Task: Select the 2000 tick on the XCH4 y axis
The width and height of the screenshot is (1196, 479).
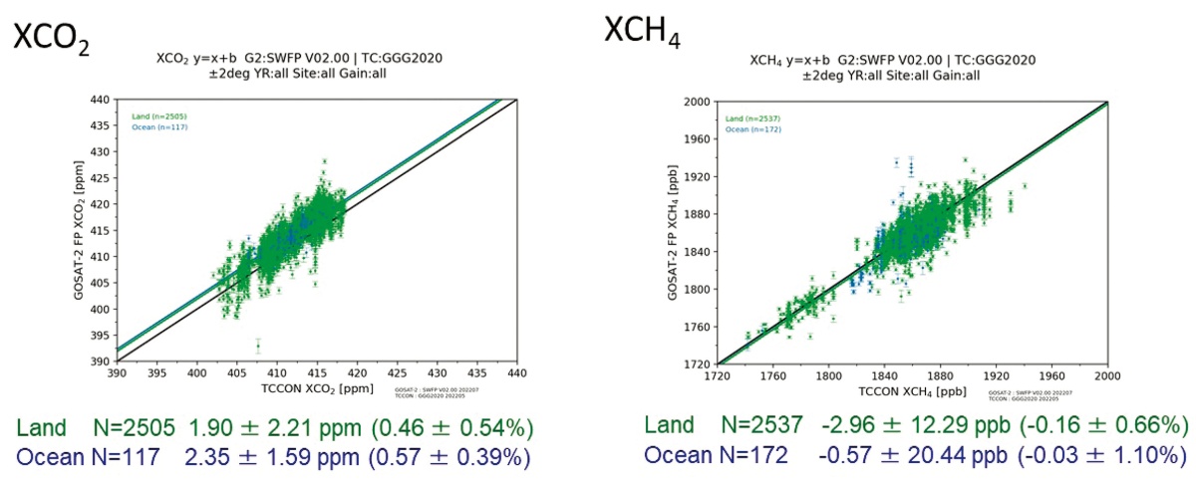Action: click(x=697, y=102)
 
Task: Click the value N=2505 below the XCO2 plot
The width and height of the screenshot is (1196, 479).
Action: click(x=127, y=427)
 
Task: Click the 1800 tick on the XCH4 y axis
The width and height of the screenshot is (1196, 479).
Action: click(x=697, y=289)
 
